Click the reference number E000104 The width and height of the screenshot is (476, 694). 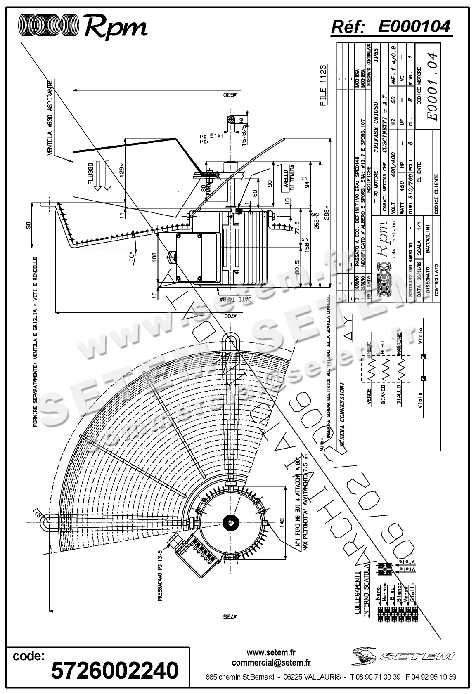click(x=414, y=26)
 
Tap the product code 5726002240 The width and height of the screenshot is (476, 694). click(x=115, y=670)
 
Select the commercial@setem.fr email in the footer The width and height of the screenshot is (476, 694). click(x=271, y=663)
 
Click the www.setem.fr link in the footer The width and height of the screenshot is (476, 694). click(x=271, y=653)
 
